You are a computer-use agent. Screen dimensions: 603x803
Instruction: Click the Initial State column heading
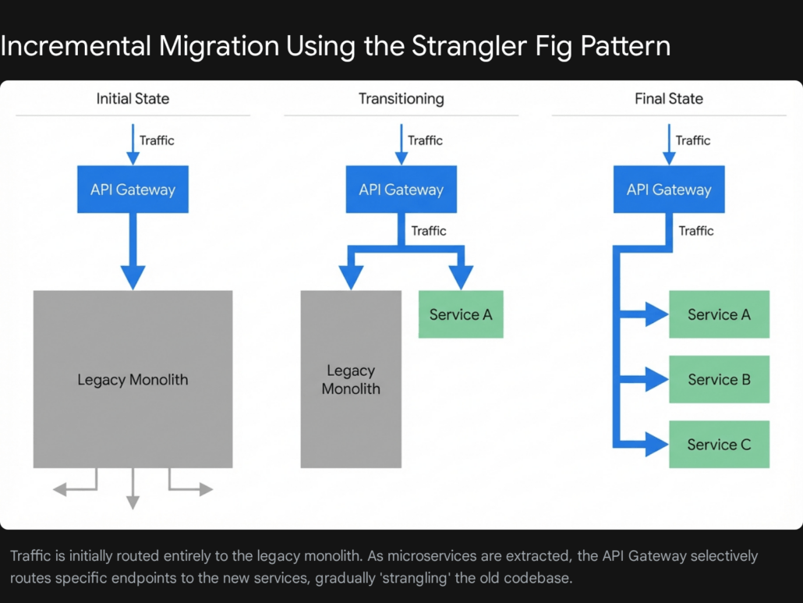(x=133, y=99)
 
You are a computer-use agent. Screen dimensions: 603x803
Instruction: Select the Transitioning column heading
(x=401, y=99)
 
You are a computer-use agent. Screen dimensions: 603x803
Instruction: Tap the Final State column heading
(x=669, y=99)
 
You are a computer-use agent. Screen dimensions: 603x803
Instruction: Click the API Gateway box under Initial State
(x=133, y=190)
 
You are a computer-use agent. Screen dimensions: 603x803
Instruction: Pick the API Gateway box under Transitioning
(x=401, y=190)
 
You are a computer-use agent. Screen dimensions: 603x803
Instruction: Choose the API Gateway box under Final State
(x=669, y=190)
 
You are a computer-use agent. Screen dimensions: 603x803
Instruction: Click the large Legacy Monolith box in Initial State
(x=133, y=379)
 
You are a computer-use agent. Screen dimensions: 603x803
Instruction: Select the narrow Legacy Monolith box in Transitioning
(x=351, y=379)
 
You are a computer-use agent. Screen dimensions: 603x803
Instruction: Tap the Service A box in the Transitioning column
(x=461, y=314)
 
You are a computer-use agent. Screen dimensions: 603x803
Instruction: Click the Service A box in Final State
(x=719, y=314)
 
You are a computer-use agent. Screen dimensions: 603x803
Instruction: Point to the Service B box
(x=719, y=379)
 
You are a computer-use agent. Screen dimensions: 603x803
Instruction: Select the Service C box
(x=719, y=445)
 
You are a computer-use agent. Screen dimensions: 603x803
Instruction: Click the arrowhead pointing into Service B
(x=657, y=380)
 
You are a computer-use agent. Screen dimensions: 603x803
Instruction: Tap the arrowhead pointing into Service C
(x=657, y=445)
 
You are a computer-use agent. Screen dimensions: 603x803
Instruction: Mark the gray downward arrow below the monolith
(x=133, y=502)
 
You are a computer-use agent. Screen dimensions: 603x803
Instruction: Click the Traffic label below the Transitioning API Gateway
(x=429, y=231)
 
